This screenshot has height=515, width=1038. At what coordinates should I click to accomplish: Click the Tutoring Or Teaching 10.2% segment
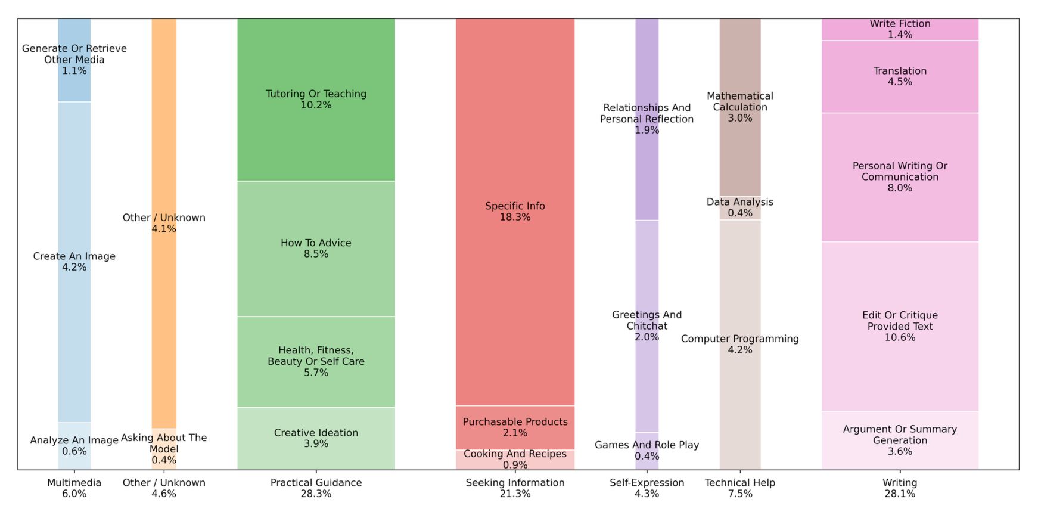tap(316, 100)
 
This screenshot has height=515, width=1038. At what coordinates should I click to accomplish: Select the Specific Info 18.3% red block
tap(515, 212)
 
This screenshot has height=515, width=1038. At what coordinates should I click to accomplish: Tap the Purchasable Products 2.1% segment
tap(515, 427)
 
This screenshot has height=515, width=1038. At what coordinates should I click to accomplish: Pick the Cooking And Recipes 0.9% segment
tap(515, 460)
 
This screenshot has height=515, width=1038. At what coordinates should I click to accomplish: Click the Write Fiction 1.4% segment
tap(900, 29)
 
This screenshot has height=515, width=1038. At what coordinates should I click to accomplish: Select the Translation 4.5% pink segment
tap(900, 76)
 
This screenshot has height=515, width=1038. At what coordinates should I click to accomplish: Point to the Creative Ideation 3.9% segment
tap(316, 438)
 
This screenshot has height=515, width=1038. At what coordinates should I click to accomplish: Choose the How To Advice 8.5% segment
tap(316, 249)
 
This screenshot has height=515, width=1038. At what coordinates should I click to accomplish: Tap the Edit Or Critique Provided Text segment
tap(900, 326)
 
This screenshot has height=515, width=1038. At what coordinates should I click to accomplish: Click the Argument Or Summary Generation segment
tap(900, 440)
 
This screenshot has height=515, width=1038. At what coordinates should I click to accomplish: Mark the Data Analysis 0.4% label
tap(740, 207)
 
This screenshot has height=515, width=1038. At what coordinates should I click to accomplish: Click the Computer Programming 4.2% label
tap(740, 344)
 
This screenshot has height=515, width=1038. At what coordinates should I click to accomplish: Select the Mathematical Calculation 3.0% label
tap(740, 107)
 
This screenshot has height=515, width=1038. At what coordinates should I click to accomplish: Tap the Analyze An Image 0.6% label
tap(74, 445)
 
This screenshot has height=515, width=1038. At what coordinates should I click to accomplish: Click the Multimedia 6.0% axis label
tap(74, 488)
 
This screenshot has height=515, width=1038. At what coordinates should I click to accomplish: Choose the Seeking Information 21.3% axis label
tap(515, 488)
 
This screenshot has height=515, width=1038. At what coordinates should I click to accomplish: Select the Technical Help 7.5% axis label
tap(740, 488)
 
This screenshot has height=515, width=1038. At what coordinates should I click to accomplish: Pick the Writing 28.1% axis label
tap(900, 488)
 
